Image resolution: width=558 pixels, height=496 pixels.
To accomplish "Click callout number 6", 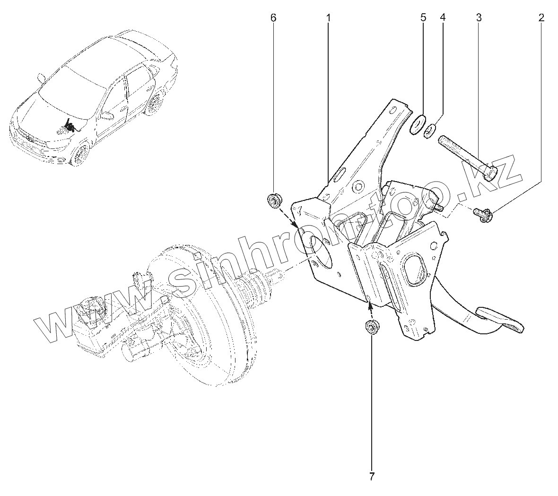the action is tap(273, 18).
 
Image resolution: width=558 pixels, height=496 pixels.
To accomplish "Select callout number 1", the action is tap(328, 18).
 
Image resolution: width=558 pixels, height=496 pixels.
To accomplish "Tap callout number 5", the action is tap(423, 18).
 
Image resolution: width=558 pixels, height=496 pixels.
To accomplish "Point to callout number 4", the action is tap(443, 18).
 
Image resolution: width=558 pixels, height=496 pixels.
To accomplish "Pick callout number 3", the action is tap(479, 18).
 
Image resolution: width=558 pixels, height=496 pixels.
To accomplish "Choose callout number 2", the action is tap(541, 18).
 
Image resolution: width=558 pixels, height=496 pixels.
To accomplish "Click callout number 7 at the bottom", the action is tap(371, 476).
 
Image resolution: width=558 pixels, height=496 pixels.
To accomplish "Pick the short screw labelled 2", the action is tap(482, 214).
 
